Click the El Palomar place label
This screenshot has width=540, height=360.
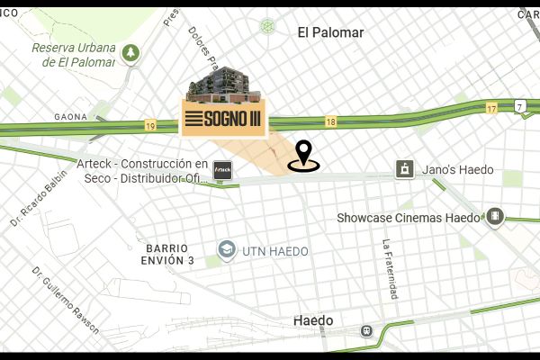click(330, 32)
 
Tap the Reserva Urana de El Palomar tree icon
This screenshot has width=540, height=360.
click(132, 53)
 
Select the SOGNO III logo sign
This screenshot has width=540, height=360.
click(224, 120)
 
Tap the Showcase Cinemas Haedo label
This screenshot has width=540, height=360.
click(409, 217)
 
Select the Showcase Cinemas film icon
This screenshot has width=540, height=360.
click(494, 216)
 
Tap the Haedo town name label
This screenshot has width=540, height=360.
click(313, 320)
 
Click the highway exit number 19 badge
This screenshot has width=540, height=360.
click(149, 125)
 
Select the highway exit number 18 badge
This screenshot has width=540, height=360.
click(331, 121)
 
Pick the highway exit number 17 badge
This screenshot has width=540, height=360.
click(491, 108)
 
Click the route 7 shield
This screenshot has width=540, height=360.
click(519, 106)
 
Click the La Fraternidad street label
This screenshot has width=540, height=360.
click(389, 269)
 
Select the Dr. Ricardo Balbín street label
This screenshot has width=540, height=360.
click(39, 198)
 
